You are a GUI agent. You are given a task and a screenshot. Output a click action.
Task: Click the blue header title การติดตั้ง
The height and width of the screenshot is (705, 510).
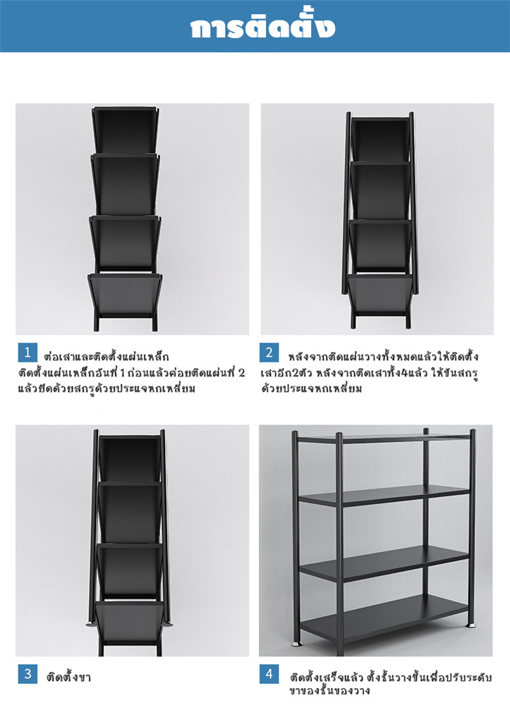tap(262, 27)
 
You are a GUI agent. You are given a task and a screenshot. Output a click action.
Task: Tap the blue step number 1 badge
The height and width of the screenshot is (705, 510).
tap(28, 352)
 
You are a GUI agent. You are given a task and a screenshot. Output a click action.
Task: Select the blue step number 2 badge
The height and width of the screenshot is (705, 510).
tap(269, 352)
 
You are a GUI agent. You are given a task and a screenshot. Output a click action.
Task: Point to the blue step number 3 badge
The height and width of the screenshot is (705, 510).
tap(28, 673)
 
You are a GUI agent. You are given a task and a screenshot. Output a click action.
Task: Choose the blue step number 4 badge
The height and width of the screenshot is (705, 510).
tap(269, 673)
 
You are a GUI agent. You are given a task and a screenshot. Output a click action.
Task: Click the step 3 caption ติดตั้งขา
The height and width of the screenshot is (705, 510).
tap(69, 677)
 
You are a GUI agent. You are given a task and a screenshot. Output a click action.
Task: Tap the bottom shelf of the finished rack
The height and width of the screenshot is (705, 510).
tap(384, 615)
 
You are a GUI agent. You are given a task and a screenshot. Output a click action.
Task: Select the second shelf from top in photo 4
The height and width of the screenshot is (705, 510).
tap(384, 495)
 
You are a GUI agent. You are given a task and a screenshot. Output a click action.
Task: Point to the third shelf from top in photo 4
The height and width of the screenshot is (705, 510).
tap(384, 562)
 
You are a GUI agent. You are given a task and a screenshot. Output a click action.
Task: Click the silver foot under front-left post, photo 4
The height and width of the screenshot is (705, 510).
tap(297, 644)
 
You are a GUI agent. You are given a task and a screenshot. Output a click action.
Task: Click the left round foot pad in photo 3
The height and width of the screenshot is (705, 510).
tap(91, 624)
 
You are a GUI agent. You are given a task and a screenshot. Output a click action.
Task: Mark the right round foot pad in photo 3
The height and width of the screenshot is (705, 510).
tap(169, 624)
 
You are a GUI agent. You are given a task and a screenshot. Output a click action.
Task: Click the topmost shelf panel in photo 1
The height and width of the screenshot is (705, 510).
tap(126, 130)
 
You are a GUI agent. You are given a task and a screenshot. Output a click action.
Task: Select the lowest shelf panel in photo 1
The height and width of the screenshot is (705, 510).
tap(125, 295)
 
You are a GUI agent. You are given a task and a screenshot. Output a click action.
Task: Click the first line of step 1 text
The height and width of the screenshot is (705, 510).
tap(106, 357)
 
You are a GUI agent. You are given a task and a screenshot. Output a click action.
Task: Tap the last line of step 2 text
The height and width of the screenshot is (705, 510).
tap(312, 388)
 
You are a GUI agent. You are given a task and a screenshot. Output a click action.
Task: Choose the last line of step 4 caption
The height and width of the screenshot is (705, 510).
tap(329, 690)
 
